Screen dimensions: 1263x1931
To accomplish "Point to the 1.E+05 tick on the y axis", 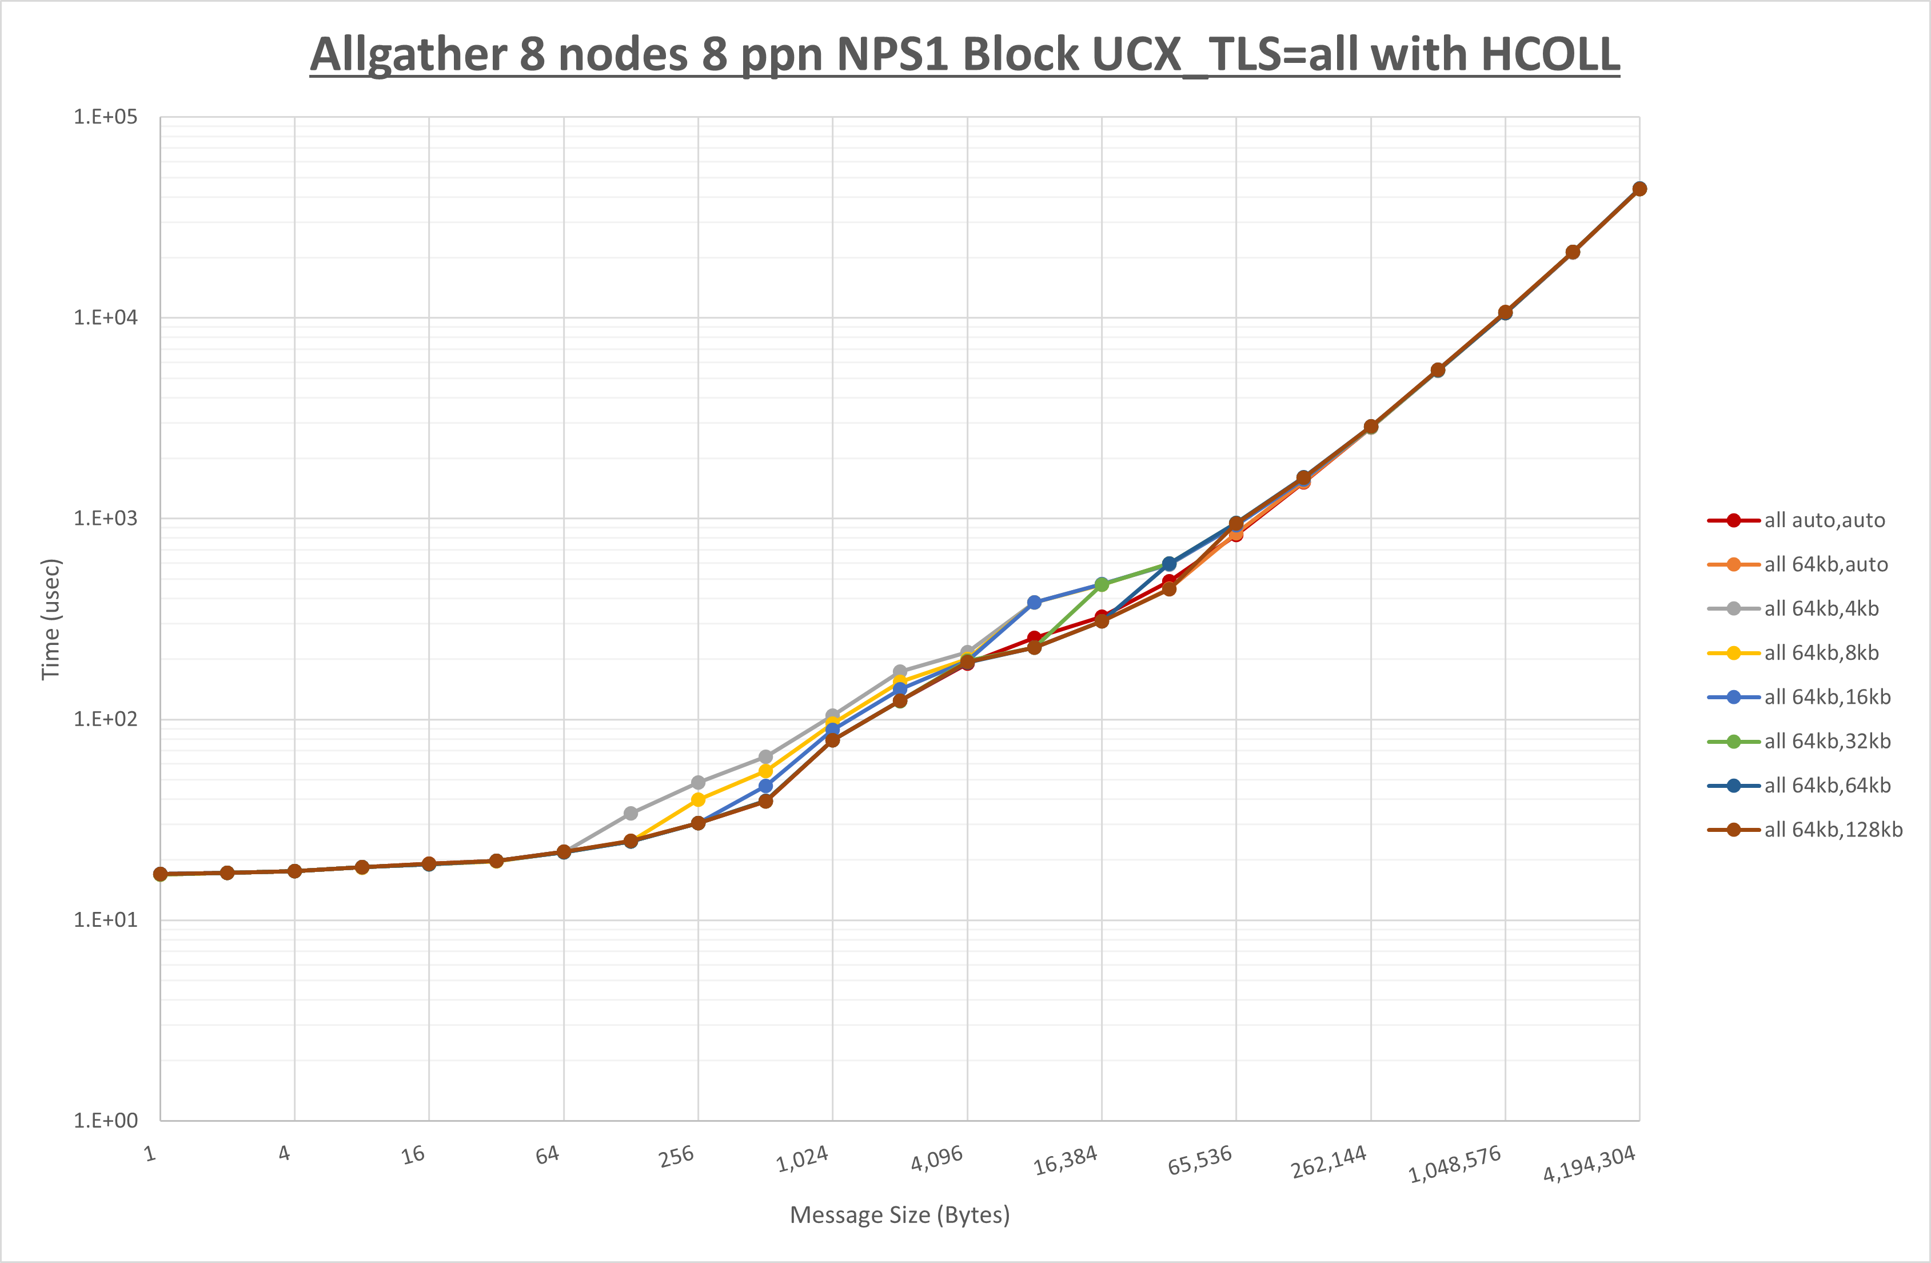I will pyautogui.click(x=106, y=117).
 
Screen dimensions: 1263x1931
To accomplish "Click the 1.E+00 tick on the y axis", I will pyautogui.click(x=106, y=1121).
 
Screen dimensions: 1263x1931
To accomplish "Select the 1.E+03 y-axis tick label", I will pyautogui.click(x=106, y=518).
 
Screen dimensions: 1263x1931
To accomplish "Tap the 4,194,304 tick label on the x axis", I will pyautogui.click(x=1588, y=1165).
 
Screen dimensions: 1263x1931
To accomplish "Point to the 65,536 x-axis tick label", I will pyautogui.click(x=1199, y=1161).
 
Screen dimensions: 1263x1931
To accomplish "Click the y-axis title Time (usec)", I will pyautogui.click(x=50, y=619).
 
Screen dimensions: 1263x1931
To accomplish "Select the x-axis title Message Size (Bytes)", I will pyautogui.click(x=900, y=1215).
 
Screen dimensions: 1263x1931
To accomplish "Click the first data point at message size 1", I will pyautogui.click(x=161, y=874).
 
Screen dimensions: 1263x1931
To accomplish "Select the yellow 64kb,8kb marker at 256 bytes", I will pyautogui.click(x=698, y=799).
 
